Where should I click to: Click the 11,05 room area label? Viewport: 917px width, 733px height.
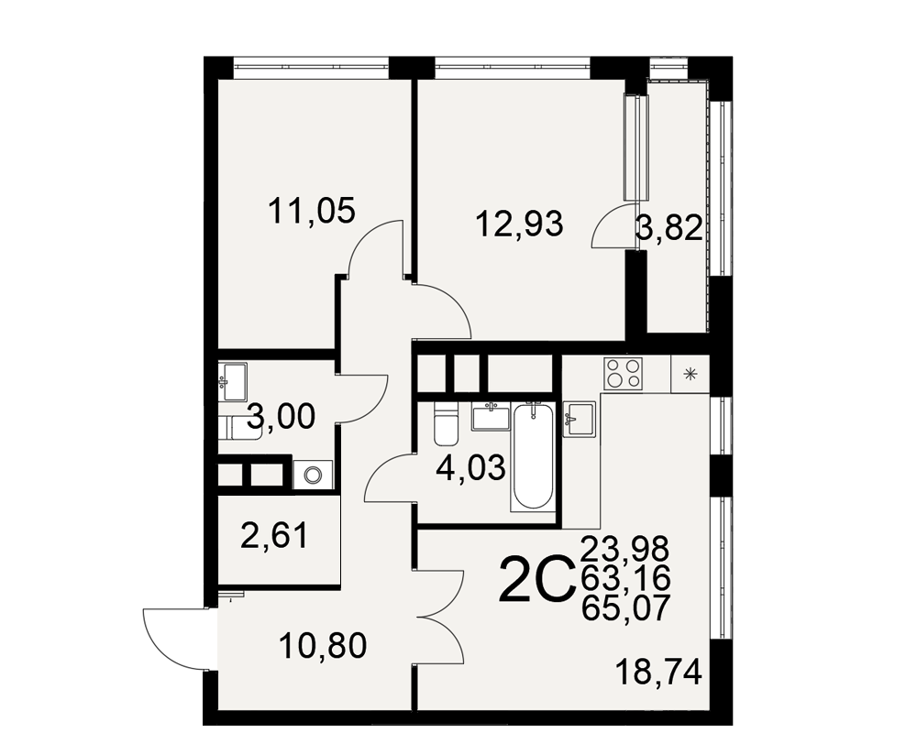click(312, 211)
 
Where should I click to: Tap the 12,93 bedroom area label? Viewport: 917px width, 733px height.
click(519, 224)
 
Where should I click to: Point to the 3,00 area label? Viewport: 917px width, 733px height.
click(282, 418)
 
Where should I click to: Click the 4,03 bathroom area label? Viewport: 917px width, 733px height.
click(471, 468)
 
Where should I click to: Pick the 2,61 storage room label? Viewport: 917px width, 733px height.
click(273, 536)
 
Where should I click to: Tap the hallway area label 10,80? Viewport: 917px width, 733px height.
click(323, 646)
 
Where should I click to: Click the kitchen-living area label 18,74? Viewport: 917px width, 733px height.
click(658, 673)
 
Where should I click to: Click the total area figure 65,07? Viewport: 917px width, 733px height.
click(625, 609)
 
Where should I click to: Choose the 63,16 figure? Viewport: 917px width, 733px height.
click(625, 579)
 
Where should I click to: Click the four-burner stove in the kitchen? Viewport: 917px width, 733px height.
click(624, 373)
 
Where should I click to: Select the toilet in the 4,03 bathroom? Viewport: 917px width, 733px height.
click(446, 423)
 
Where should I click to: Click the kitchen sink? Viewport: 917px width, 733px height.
click(579, 419)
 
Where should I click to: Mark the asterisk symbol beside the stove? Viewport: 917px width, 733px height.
click(691, 374)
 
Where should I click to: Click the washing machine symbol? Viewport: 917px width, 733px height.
click(313, 474)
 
